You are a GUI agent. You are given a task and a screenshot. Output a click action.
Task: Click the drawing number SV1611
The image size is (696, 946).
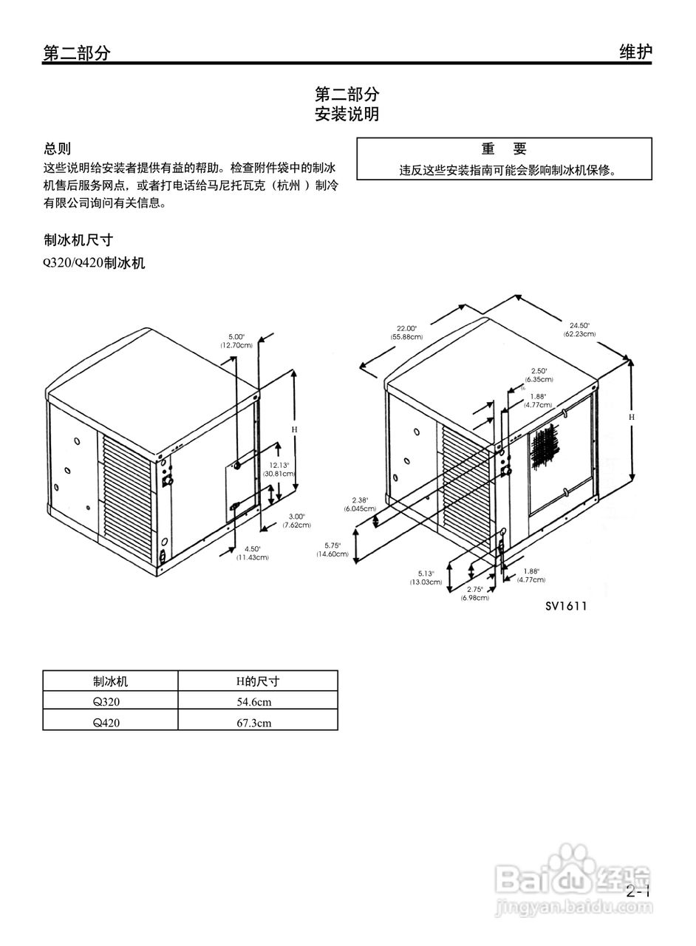pyautogui.click(x=566, y=607)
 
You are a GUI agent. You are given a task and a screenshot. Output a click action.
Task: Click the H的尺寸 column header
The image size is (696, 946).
pyautogui.click(x=257, y=681)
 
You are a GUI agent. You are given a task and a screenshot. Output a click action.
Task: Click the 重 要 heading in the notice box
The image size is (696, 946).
pyautogui.click(x=504, y=149)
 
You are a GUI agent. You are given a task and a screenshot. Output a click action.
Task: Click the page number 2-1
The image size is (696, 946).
pyautogui.click(x=638, y=891)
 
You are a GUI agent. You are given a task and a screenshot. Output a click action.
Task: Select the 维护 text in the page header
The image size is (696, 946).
pyautogui.click(x=635, y=52)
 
